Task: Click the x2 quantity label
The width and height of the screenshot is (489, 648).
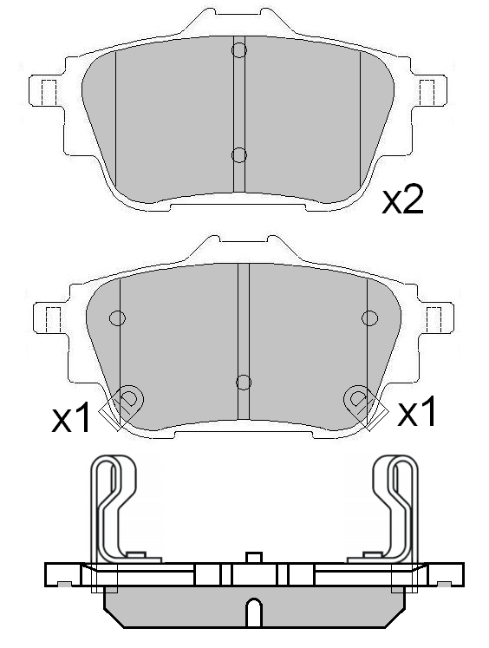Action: pos(403,200)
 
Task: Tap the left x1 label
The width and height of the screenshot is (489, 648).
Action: pos(71,420)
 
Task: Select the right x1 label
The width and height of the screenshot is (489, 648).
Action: pos(417,414)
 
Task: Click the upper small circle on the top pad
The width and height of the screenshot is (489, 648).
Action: pos(239,51)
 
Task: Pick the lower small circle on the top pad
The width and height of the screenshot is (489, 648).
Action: pos(239,154)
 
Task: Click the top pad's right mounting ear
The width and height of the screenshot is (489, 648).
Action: pos(427,90)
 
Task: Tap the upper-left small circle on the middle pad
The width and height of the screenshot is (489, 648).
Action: pos(118,317)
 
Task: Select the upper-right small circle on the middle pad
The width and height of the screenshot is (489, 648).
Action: pos(370,317)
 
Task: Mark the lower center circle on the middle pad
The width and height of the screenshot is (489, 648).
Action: pos(244,382)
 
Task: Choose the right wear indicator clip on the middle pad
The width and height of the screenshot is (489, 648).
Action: pos(360,402)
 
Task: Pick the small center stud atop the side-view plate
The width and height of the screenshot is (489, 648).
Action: pos(252,556)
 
